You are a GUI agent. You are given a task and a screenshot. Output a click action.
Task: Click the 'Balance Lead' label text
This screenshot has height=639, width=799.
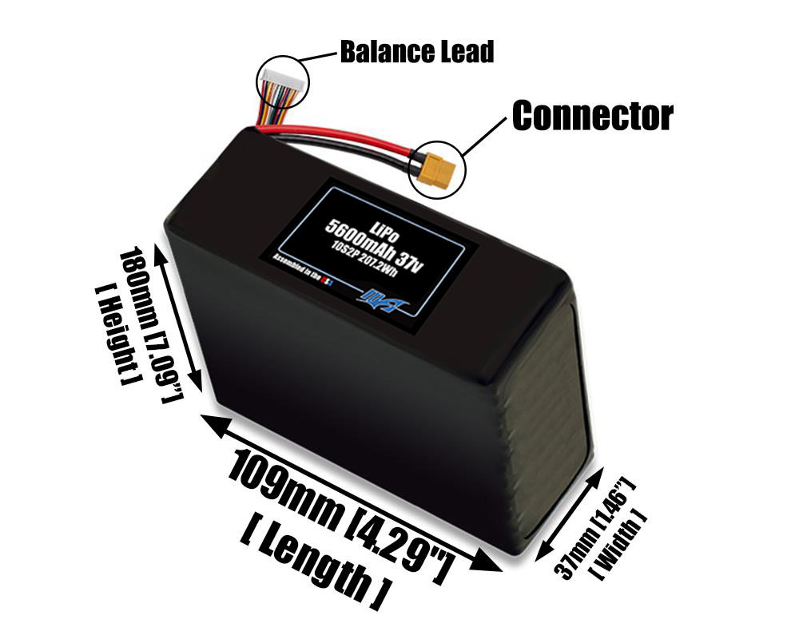416,53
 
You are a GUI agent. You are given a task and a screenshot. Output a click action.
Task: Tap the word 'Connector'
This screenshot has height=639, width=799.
592,117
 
